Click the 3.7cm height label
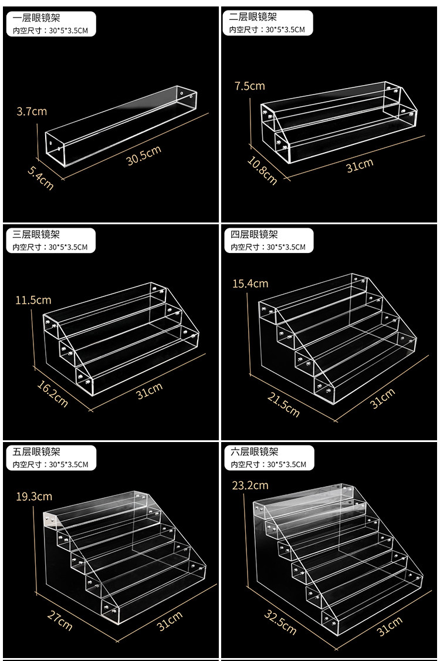click(x=32, y=111)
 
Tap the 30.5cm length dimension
click(x=144, y=155)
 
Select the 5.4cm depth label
click(x=40, y=178)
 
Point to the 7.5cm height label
click(x=249, y=86)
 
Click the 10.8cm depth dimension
click(x=262, y=171)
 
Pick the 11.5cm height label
click(x=33, y=300)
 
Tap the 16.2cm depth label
click(x=52, y=393)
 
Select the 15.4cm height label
click(x=251, y=284)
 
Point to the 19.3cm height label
click(x=33, y=497)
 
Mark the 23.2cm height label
click(x=251, y=485)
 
